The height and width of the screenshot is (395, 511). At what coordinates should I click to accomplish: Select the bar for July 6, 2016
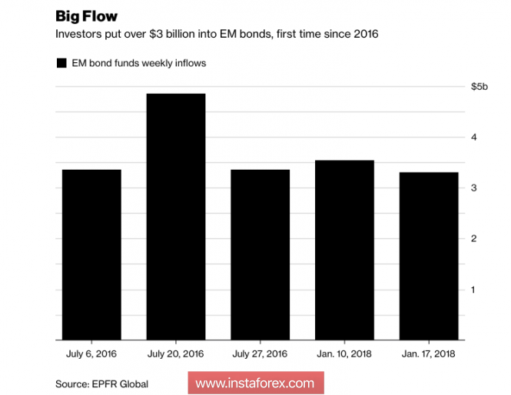point(91,254)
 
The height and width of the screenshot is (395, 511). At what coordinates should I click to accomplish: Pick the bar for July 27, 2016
point(260,254)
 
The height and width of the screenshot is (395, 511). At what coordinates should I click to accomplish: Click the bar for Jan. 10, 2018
point(344,250)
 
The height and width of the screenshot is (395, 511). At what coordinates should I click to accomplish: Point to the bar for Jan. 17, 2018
point(429,256)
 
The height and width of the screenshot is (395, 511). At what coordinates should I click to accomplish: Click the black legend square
point(61,64)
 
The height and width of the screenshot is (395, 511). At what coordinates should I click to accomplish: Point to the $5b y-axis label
point(479,87)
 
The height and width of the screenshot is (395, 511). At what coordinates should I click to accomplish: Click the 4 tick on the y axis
point(474,138)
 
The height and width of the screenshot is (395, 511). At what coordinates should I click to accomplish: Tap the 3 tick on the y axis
point(474,188)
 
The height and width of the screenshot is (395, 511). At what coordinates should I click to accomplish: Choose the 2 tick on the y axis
point(474,239)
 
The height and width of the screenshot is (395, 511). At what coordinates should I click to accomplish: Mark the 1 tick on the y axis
point(474,290)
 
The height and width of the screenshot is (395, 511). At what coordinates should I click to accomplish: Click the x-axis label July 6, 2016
point(91,354)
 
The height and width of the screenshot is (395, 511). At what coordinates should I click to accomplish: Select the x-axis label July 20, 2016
point(176,354)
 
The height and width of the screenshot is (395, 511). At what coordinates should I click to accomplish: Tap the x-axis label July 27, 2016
point(260,354)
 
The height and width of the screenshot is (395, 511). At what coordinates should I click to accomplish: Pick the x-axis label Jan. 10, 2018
point(344,354)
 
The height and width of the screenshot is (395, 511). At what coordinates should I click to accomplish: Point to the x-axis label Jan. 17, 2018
point(429,354)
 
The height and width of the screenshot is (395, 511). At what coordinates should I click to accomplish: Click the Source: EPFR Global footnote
point(101,383)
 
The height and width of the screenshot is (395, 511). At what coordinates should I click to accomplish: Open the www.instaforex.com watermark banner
point(255,383)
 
